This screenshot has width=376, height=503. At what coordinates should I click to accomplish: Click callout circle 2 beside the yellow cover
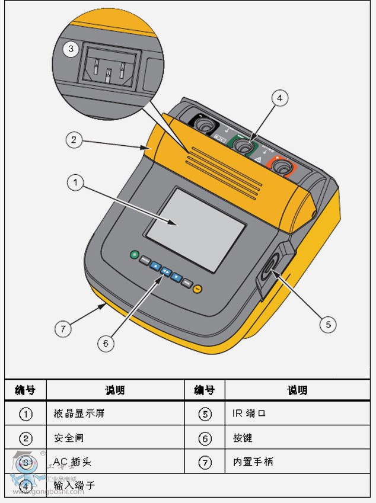click(74, 140)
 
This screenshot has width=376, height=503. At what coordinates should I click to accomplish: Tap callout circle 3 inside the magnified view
click(71, 49)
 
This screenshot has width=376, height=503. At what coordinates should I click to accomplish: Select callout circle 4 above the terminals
click(280, 98)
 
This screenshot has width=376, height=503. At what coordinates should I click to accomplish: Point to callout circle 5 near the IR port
click(327, 324)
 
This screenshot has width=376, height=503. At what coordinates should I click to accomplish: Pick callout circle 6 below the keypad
click(105, 342)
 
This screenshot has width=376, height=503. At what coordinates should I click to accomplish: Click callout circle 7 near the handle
click(63, 328)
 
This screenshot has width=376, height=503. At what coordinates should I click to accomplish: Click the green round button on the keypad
click(135, 255)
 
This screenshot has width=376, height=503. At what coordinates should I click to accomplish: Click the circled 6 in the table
click(205, 438)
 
